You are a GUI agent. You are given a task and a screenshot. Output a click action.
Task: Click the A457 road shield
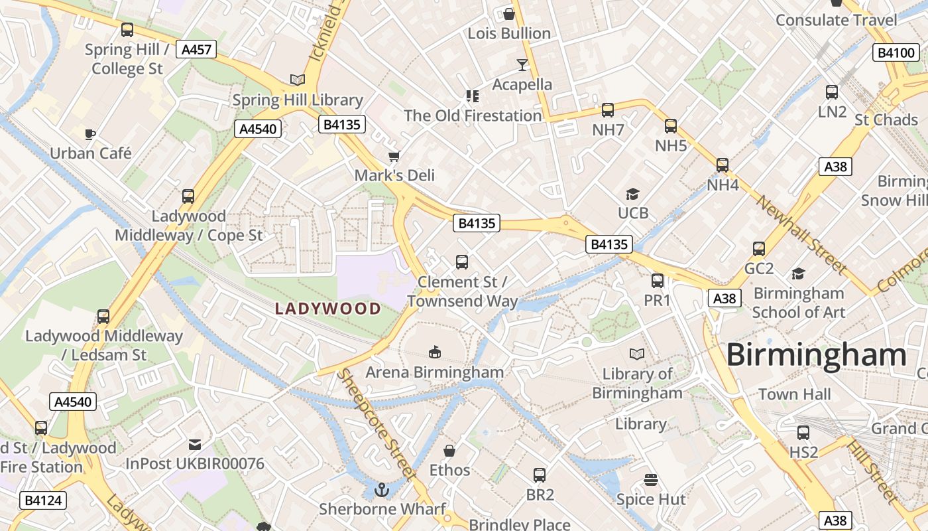click(196, 49)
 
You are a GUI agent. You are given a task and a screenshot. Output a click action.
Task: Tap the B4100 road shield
click(896, 53)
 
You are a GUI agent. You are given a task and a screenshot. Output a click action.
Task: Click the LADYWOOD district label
click(328, 309)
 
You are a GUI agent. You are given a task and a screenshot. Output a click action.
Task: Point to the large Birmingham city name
click(816, 355)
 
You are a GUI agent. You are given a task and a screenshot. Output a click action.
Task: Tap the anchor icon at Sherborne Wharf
click(381, 491)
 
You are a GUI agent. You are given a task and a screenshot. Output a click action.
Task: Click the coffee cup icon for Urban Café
click(90, 135)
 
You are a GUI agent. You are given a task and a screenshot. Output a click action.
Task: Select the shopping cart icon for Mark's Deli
click(394, 157)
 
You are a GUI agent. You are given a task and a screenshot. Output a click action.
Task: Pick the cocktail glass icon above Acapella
click(522, 65)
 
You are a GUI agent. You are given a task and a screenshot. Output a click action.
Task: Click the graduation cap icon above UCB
click(632, 194)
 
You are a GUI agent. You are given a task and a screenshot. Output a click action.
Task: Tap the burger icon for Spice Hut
click(651, 480)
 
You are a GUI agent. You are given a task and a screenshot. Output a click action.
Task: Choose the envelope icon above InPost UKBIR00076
click(195, 444)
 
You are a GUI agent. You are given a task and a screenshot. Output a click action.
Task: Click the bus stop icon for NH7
click(608, 110)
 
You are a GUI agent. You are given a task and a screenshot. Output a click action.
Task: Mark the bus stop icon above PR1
click(658, 281)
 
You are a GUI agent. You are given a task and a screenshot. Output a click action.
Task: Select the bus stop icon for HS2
click(803, 433)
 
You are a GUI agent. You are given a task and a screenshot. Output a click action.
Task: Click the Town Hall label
click(794, 394)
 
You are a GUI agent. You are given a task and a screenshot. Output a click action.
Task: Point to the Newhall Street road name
click(802, 235)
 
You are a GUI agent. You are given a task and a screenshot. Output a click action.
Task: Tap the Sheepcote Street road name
click(376, 425)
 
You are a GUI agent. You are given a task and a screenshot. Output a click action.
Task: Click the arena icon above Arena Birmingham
click(435, 352)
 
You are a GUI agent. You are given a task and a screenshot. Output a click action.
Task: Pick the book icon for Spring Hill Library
click(298, 80)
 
